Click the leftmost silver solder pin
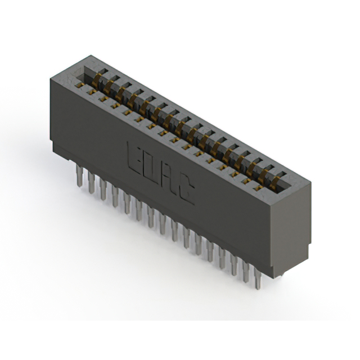coord(79,175)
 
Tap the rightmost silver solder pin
coord(258,278)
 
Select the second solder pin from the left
coord(91,182)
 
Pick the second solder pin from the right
coord(246,272)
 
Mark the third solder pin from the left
coord(103,190)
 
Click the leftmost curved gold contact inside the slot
coord(96,80)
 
